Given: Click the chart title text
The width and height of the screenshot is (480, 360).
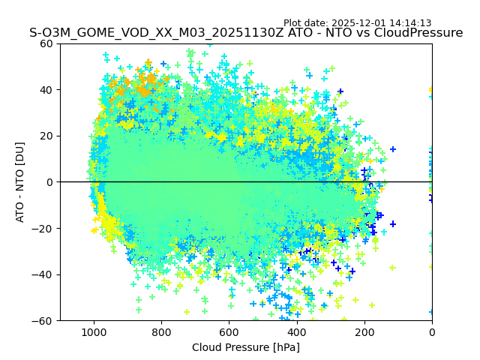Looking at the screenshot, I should [x=246, y=33].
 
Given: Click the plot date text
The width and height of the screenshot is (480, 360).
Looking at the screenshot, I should [x=357, y=23].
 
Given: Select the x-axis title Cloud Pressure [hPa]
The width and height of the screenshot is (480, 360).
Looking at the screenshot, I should [x=246, y=347].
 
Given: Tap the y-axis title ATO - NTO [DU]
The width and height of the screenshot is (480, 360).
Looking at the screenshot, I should [x=20, y=182].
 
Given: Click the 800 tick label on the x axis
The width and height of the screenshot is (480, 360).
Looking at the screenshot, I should [x=161, y=331].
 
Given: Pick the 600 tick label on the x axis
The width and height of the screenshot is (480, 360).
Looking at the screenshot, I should [x=229, y=331].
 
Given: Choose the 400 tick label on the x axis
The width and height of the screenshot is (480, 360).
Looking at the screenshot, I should [x=296, y=331].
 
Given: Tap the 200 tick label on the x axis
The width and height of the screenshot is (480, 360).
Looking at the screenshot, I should [x=364, y=331].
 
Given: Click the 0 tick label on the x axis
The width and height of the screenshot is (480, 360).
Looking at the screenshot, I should [x=431, y=331].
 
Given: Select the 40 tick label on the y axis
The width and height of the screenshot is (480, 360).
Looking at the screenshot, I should [x=46, y=90].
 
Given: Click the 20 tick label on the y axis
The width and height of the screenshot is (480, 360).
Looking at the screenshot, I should [x=46, y=136].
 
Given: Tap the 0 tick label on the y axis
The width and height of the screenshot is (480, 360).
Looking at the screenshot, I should [x=49, y=182].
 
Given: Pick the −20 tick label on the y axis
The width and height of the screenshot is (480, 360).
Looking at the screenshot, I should [x=43, y=228].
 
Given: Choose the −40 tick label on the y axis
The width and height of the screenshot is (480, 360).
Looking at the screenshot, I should [x=43, y=274].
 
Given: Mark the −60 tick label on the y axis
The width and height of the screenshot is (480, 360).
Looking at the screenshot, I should [x=43, y=320].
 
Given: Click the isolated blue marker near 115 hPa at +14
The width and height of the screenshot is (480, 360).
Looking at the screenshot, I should [x=392, y=149].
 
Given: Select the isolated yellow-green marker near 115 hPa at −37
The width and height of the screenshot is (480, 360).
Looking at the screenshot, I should [x=392, y=268].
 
